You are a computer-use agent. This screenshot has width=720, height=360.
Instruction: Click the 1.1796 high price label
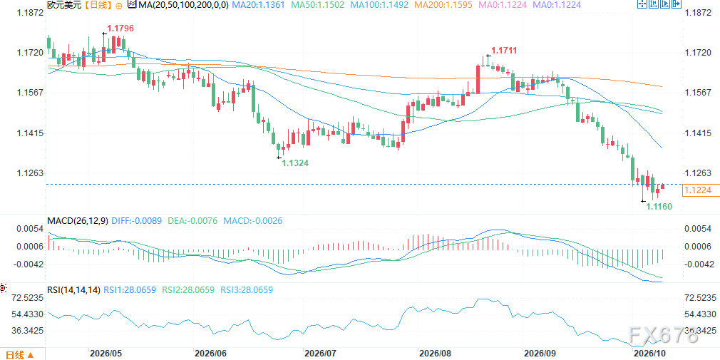120,29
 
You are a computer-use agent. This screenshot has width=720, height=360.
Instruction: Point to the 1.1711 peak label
504,50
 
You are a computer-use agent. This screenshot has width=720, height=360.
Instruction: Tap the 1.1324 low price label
295,163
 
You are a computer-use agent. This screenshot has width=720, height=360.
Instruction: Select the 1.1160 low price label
659,207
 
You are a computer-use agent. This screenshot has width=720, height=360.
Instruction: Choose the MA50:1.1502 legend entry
314,5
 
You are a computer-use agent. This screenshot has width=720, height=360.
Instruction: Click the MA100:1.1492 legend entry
375,5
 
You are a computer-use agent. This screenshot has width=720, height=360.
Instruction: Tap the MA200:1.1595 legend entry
438,5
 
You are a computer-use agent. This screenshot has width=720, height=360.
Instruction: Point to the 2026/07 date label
320,354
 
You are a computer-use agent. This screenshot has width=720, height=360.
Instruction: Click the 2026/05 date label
106,354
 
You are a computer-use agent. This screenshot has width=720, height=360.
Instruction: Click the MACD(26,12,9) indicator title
78,221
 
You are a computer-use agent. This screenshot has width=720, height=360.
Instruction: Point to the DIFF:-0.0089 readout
136,221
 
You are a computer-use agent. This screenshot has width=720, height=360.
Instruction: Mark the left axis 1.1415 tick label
30,133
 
